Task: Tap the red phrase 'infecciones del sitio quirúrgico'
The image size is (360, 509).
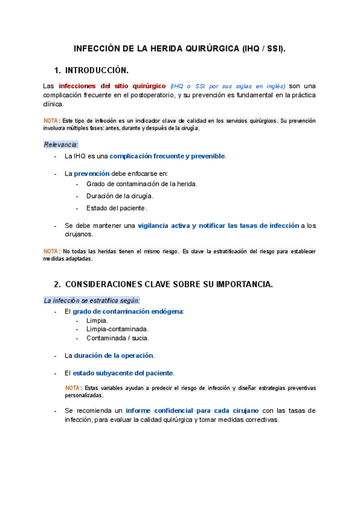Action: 112,86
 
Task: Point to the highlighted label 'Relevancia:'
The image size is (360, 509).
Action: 61,145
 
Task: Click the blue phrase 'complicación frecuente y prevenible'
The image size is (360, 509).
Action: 167,157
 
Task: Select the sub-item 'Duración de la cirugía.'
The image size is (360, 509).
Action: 120,196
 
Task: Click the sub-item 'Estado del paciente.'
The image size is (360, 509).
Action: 116,208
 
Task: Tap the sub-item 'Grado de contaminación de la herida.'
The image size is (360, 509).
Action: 142,184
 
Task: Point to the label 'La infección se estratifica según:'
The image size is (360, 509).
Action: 92,300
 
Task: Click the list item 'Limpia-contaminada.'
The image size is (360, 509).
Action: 118,329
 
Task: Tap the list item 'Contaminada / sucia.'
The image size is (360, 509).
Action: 118,338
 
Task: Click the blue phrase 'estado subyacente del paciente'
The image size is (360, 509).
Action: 123,373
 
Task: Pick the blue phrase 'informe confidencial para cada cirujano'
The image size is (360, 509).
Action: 192,411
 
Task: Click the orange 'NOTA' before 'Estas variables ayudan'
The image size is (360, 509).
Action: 73,388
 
